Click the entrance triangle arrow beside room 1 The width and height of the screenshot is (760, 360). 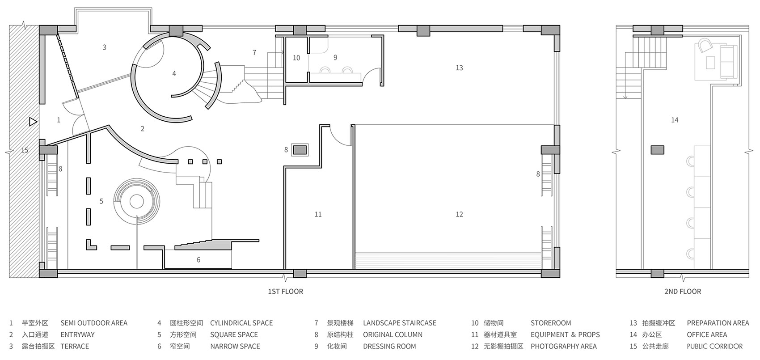click(33, 122)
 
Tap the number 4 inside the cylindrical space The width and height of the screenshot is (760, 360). click(174, 73)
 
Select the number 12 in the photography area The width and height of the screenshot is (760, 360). click(459, 214)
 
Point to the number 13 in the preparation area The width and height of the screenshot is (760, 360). click(459, 68)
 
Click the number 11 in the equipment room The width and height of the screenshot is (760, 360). click(318, 214)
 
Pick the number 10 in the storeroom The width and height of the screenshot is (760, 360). click(296, 58)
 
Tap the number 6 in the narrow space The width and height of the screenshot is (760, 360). click(198, 260)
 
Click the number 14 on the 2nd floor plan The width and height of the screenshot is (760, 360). click(675, 120)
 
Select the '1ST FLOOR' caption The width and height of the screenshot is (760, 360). click(285, 291)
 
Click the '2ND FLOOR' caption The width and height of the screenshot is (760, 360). click(683, 291)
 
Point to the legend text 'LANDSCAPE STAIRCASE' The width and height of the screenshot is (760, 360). click(400, 323)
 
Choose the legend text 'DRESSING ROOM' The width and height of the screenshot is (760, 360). click(389, 347)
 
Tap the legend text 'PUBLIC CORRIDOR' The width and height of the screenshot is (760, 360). click(715, 347)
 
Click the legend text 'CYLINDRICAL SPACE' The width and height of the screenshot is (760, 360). click(241, 323)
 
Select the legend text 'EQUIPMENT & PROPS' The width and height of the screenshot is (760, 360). click(565, 335)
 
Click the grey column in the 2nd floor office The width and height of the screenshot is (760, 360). click(657, 150)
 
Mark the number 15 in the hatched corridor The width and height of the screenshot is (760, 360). click(25, 150)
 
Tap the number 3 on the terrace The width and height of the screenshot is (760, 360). click(105, 47)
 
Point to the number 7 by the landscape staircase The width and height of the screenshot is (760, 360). click(254, 53)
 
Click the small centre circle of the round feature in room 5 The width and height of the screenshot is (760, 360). click(137, 202)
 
